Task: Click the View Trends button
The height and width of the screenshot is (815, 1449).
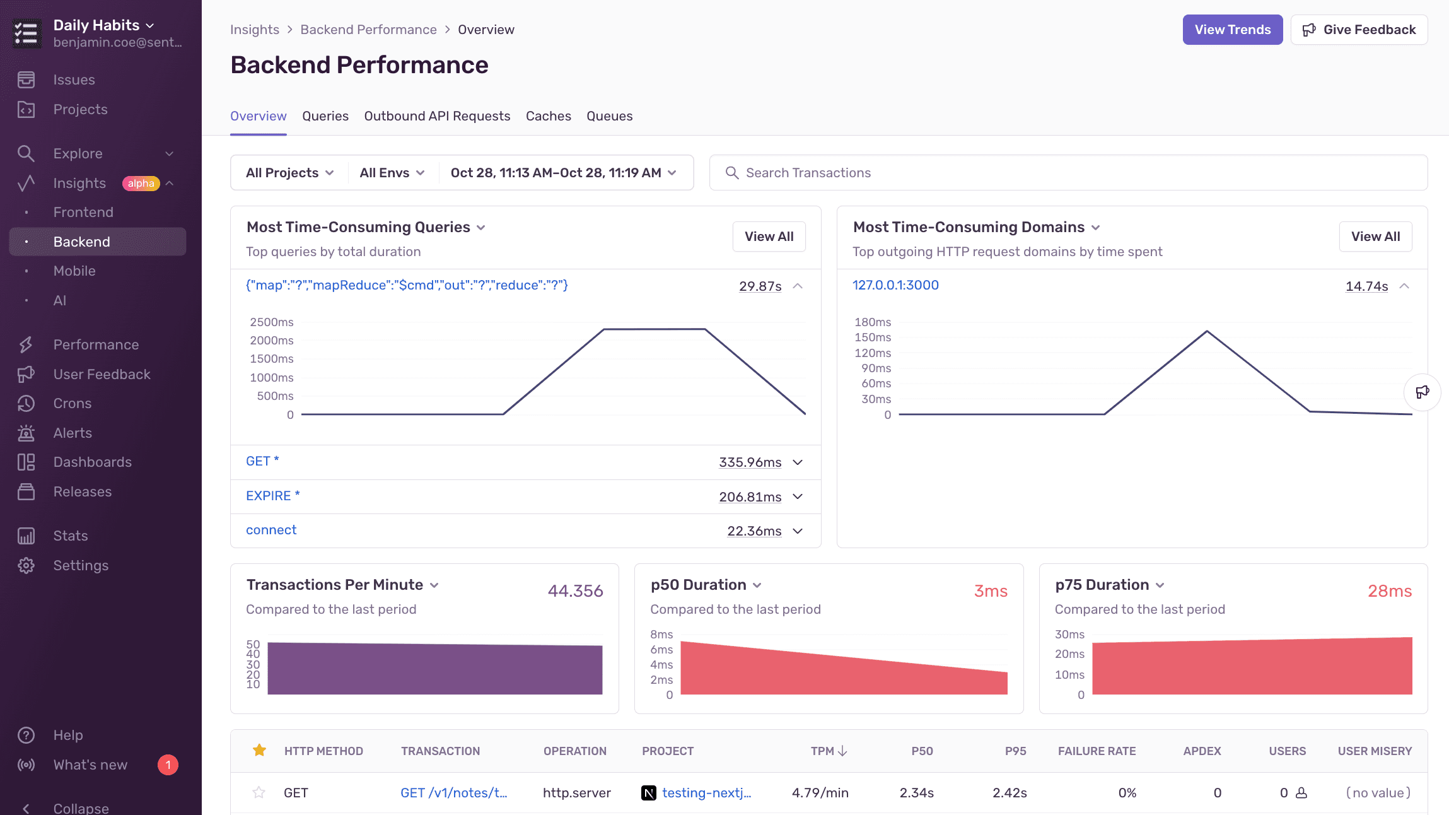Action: (1232, 30)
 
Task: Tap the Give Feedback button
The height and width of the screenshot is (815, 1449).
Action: (1359, 30)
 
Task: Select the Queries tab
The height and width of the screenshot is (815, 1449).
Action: (325, 116)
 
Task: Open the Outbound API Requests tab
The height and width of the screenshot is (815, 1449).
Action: (437, 116)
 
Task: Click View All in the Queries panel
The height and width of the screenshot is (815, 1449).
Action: (769, 237)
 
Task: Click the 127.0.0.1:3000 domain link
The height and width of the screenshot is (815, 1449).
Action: (895, 285)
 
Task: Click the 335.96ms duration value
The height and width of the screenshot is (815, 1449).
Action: (750, 462)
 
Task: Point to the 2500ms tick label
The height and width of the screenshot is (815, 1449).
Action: (272, 322)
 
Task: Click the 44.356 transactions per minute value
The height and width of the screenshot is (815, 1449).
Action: (575, 591)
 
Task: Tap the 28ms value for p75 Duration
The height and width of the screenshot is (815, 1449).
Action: (1389, 591)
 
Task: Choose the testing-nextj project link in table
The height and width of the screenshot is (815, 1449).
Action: (706, 793)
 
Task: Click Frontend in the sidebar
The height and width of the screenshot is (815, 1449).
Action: (83, 213)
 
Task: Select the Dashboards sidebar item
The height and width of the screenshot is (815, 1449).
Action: (92, 462)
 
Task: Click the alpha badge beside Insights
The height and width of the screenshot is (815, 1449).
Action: (141, 184)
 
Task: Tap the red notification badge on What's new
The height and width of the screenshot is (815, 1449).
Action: (168, 765)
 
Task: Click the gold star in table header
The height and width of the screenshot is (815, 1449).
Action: (259, 751)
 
